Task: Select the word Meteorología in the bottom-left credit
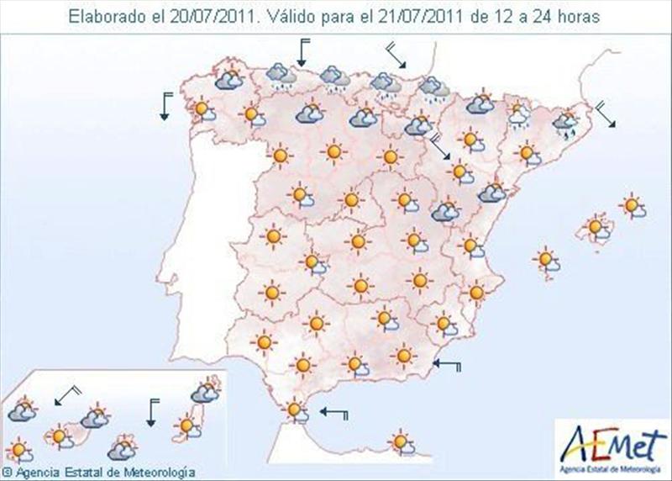(x=161, y=473)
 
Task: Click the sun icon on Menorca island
(x=632, y=205)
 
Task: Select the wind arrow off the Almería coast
(x=449, y=365)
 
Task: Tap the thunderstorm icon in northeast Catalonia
(x=565, y=124)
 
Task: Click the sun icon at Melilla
(x=402, y=440)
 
